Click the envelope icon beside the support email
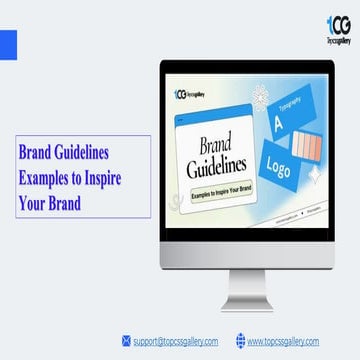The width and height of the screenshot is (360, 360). (126, 341)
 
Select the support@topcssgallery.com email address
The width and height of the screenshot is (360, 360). (175, 341)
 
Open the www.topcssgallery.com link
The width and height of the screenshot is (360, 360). (283, 341)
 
